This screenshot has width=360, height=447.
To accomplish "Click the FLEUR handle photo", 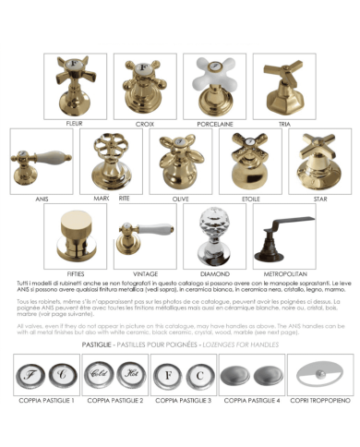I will (76, 85).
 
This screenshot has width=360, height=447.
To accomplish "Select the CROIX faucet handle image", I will (144, 85).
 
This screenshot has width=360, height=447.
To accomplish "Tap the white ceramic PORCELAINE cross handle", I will (214, 83).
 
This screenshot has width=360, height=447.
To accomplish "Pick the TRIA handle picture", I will (284, 85).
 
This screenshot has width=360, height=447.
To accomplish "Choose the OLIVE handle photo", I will (179, 160).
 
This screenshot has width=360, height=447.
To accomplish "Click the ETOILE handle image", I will (250, 160).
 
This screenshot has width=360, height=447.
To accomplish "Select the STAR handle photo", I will (319, 160).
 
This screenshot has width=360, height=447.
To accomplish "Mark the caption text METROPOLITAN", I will (283, 274).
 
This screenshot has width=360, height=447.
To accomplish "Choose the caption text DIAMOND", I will (213, 274).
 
